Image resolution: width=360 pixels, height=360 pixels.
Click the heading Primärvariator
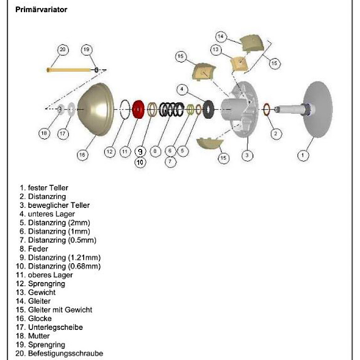pos(41,9)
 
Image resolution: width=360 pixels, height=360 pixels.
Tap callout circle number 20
pos(63,49)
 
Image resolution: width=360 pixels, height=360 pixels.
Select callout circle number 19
pos(86,49)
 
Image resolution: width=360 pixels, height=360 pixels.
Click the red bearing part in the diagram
pos(138,109)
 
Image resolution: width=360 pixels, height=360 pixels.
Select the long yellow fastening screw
pos(70,70)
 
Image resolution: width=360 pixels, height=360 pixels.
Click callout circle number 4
pos(182,89)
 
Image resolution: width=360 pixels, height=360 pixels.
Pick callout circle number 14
pos(220,36)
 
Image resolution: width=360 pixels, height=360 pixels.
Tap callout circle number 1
pos(303,155)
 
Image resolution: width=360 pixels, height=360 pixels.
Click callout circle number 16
pos(82,155)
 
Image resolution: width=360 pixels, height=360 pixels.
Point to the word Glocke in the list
pos(40,319)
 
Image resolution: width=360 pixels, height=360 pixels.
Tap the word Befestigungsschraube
pos(65,354)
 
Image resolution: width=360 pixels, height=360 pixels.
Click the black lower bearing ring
pos(208,108)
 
